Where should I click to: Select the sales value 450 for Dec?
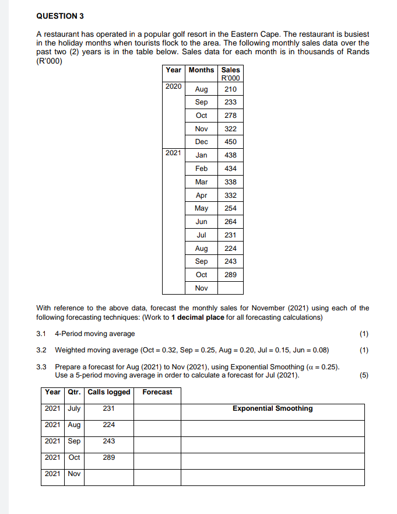pyautogui.click(x=230, y=142)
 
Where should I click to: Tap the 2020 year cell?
pyautogui.click(x=173, y=86)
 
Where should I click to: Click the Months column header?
pyautogui.click(x=201, y=70)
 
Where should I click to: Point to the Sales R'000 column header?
pyautogui.click(x=230, y=74)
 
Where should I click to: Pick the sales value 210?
pyautogui.click(x=230, y=89)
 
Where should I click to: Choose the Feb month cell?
pyautogui.click(x=201, y=169)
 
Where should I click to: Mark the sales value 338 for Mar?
pyautogui.click(x=230, y=182)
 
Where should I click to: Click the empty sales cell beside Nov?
pyautogui.click(x=230, y=288)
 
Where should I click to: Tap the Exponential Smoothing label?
pyautogui.click(x=272, y=408)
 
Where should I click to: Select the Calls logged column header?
pyautogui.click(x=108, y=392)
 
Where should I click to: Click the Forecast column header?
pyautogui.click(x=157, y=392)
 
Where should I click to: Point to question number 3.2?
pyautogui.click(x=41, y=350)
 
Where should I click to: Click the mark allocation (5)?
pyautogui.click(x=364, y=376)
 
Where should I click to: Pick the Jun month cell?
pyautogui.click(x=201, y=222)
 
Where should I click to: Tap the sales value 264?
pyautogui.click(x=230, y=222)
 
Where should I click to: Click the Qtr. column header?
pyautogui.click(x=75, y=392)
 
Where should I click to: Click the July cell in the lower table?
pyautogui.click(x=75, y=409)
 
